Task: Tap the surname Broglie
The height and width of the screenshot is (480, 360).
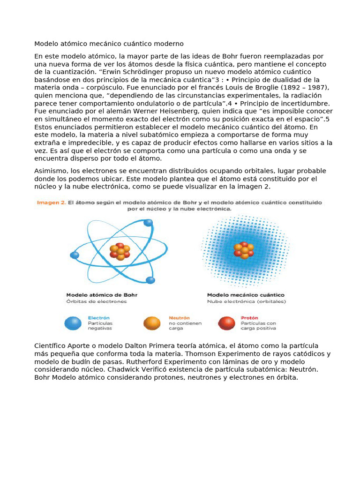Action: coord(255,88)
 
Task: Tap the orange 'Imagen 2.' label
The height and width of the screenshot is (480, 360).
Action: coord(50,203)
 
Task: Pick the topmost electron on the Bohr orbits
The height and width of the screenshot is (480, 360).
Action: coord(148,222)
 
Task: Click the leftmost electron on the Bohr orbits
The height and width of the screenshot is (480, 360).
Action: coord(74,255)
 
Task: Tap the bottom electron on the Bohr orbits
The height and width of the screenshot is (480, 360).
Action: coord(150,280)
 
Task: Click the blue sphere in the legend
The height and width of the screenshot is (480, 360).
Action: coord(74,323)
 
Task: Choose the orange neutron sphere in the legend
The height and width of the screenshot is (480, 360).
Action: coord(152,323)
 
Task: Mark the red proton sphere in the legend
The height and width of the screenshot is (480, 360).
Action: coord(227,323)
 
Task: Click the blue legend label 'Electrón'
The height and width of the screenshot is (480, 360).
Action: coord(98,317)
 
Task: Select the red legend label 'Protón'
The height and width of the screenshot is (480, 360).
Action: coord(249,317)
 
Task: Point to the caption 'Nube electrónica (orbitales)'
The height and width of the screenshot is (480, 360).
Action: coord(247,301)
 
